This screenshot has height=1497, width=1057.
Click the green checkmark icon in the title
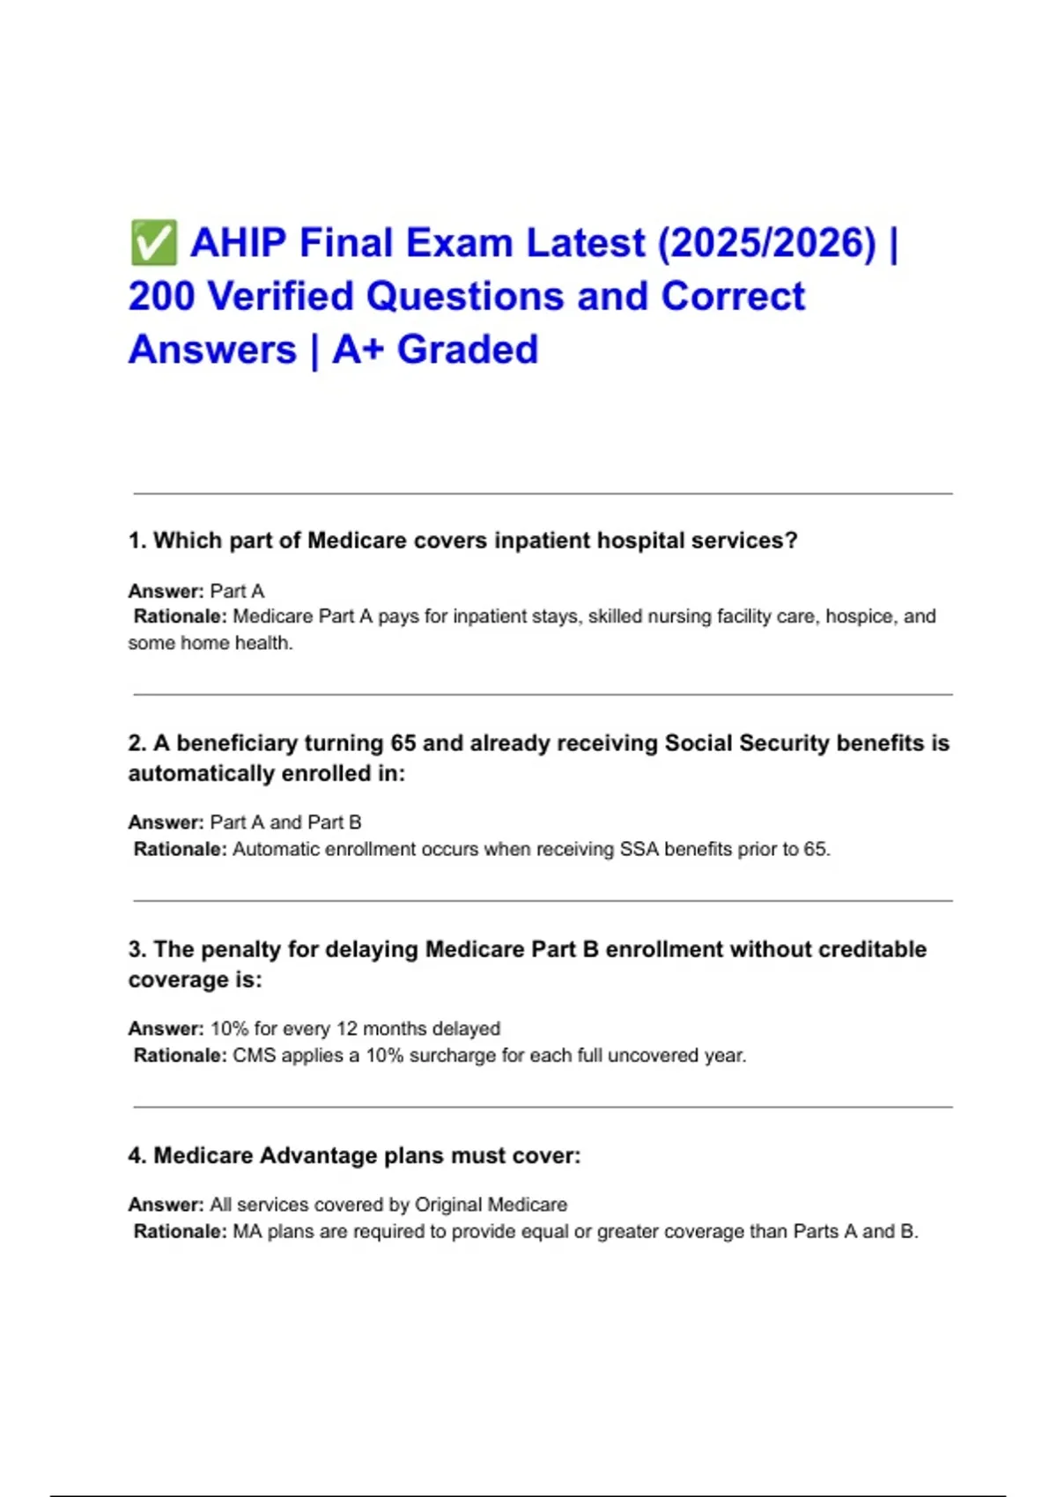tap(152, 243)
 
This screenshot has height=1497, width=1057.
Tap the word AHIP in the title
tap(240, 243)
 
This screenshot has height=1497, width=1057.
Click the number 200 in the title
tap(161, 297)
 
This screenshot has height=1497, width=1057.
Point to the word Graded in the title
tap(467, 350)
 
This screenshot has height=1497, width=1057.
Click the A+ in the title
tap(358, 350)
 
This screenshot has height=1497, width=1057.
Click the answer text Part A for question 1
tap(237, 591)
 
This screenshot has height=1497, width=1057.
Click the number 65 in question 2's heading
tap(403, 743)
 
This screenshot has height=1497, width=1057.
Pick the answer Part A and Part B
tap(285, 822)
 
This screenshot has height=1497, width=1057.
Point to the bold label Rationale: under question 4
tap(180, 1232)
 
